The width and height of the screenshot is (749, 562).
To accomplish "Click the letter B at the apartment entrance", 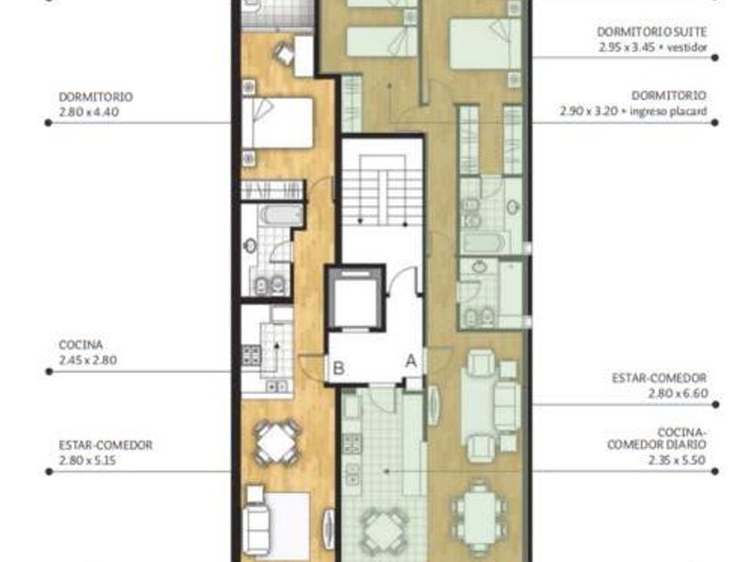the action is [339, 368].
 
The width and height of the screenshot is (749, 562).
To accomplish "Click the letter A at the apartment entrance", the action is [411, 361].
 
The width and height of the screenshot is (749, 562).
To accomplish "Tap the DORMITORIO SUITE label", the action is [652, 32].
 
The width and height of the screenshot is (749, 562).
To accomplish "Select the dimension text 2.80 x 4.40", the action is [89, 112].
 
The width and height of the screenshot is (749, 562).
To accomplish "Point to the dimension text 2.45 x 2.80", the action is [88, 360].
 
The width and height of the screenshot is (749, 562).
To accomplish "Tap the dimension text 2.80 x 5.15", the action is [87, 460].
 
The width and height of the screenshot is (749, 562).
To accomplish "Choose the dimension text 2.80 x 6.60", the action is [678, 393].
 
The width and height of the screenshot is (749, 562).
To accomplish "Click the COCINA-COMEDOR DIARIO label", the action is [657, 438].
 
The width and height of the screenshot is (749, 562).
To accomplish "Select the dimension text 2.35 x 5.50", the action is [678, 460].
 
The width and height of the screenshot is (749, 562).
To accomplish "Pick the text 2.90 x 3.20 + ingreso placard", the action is [633, 112].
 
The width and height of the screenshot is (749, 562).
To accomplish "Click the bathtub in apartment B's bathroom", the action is [283, 215].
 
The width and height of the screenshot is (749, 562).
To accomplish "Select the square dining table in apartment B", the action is [277, 442].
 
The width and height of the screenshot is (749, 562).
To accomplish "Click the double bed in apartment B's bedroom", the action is [277, 123].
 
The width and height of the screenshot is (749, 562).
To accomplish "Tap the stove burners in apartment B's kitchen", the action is [251, 355].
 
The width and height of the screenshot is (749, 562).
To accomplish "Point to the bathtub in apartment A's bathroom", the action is [483, 243].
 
